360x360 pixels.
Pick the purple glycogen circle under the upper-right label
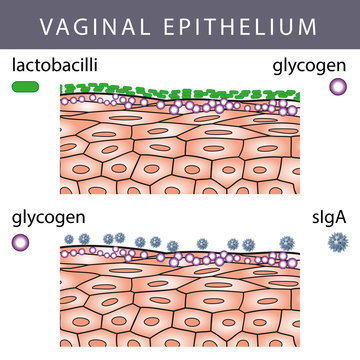pos(336,88)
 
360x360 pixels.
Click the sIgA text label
pos(328,217)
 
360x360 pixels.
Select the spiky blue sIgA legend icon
pos(336,241)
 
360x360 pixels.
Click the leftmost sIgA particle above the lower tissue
pos(98,240)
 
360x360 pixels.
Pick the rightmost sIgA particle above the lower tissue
pos(288,242)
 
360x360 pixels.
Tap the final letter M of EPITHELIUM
pos(329,25)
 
